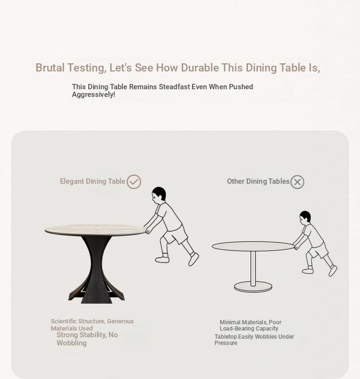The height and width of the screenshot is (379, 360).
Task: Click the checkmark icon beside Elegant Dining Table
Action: pyautogui.click(x=134, y=182)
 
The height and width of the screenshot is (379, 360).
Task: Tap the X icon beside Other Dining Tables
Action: pyautogui.click(x=297, y=182)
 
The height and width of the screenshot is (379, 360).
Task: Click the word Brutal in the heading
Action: pyautogui.click(x=50, y=68)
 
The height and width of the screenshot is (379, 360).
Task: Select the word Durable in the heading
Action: pyautogui.click(x=200, y=68)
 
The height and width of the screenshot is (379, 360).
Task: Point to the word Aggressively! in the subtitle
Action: pyautogui.click(x=94, y=95)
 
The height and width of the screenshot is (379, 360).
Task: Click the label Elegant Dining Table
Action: pyautogui.click(x=93, y=181)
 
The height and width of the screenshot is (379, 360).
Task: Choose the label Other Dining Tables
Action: pyautogui.click(x=258, y=181)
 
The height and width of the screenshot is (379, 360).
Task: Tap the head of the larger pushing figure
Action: pyautogui.click(x=159, y=194)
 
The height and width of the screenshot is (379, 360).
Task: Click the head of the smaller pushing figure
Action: pyautogui.click(x=305, y=216)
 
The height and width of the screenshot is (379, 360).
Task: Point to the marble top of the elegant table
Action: pyautogui.click(x=95, y=230)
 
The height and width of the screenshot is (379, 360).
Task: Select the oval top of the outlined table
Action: pyautogui.click(x=253, y=246)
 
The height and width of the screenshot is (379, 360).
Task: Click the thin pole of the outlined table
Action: pyautogui.click(x=253, y=268)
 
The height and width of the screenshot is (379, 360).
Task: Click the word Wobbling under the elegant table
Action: pyautogui.click(x=72, y=343)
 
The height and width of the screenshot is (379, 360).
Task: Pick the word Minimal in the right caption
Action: pyautogui.click(x=230, y=322)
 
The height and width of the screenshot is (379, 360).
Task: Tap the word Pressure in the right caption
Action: pyautogui.click(x=226, y=343)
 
